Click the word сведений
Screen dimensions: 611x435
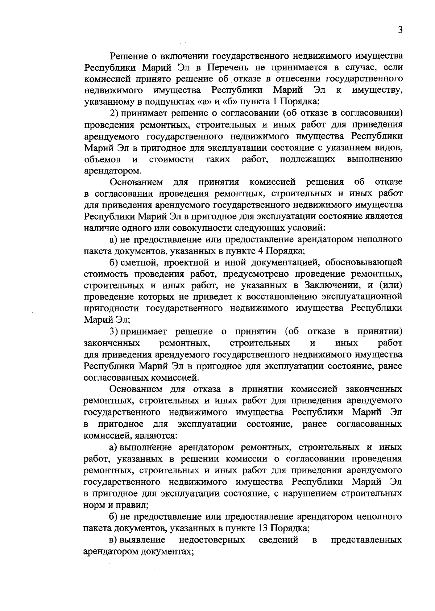pos(278,540)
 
